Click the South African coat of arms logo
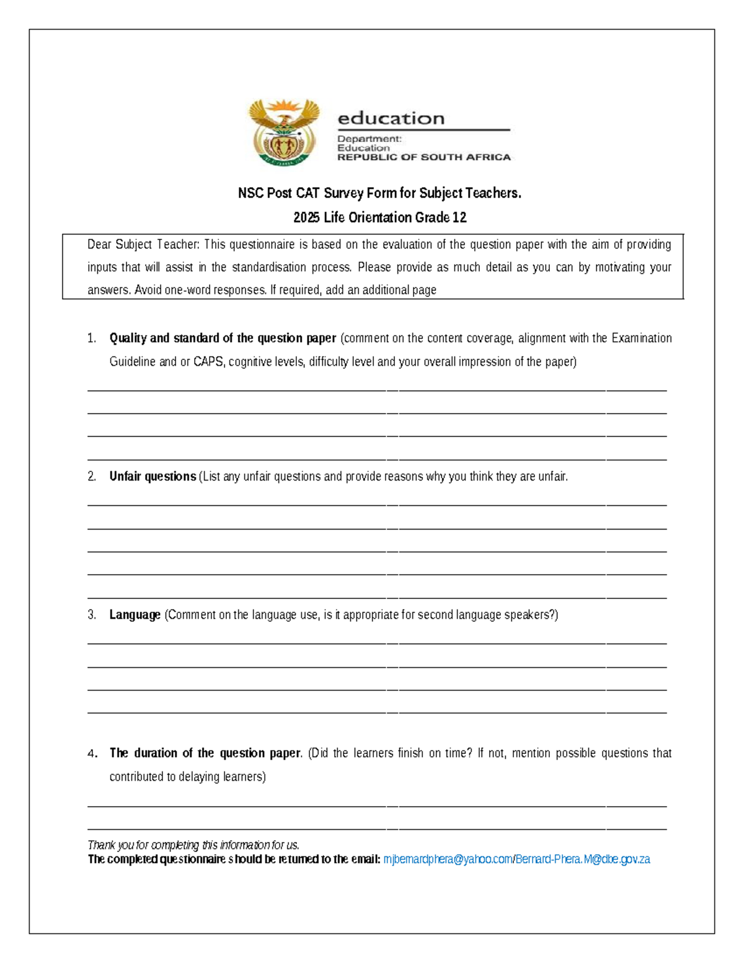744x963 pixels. tap(284, 131)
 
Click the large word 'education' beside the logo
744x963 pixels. tap(391, 118)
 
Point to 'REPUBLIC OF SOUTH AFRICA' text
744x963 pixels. tap(423, 158)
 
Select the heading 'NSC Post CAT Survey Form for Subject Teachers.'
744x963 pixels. tap(379, 193)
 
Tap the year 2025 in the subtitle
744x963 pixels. tap(306, 218)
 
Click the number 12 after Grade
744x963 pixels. tap(459, 218)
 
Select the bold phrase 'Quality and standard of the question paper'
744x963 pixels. tap(223, 338)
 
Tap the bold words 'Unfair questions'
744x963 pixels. tap(153, 476)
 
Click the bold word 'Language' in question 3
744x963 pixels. tap(135, 615)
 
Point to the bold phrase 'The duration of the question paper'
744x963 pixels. tap(205, 753)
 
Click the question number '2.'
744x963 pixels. tap(92, 476)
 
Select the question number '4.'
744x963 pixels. tap(92, 753)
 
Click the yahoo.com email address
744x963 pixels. tap(448, 859)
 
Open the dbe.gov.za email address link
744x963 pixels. tap(583, 859)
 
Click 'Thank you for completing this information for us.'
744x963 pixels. tap(193, 845)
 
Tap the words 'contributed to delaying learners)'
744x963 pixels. tap(187, 776)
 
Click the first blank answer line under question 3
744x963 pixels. tap(377, 643)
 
